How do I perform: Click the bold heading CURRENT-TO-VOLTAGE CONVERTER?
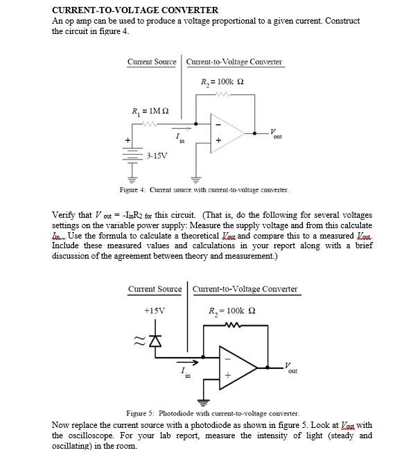135,10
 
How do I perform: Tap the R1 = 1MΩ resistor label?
150,111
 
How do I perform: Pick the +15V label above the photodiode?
154,311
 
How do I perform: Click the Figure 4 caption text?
204,189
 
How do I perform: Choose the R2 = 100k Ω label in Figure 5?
232,311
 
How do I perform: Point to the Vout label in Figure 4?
275,133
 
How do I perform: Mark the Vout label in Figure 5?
292,368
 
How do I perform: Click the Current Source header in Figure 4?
152,62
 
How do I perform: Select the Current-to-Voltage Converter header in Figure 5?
245,289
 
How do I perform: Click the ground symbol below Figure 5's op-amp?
204,401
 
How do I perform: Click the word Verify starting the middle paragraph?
64,214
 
